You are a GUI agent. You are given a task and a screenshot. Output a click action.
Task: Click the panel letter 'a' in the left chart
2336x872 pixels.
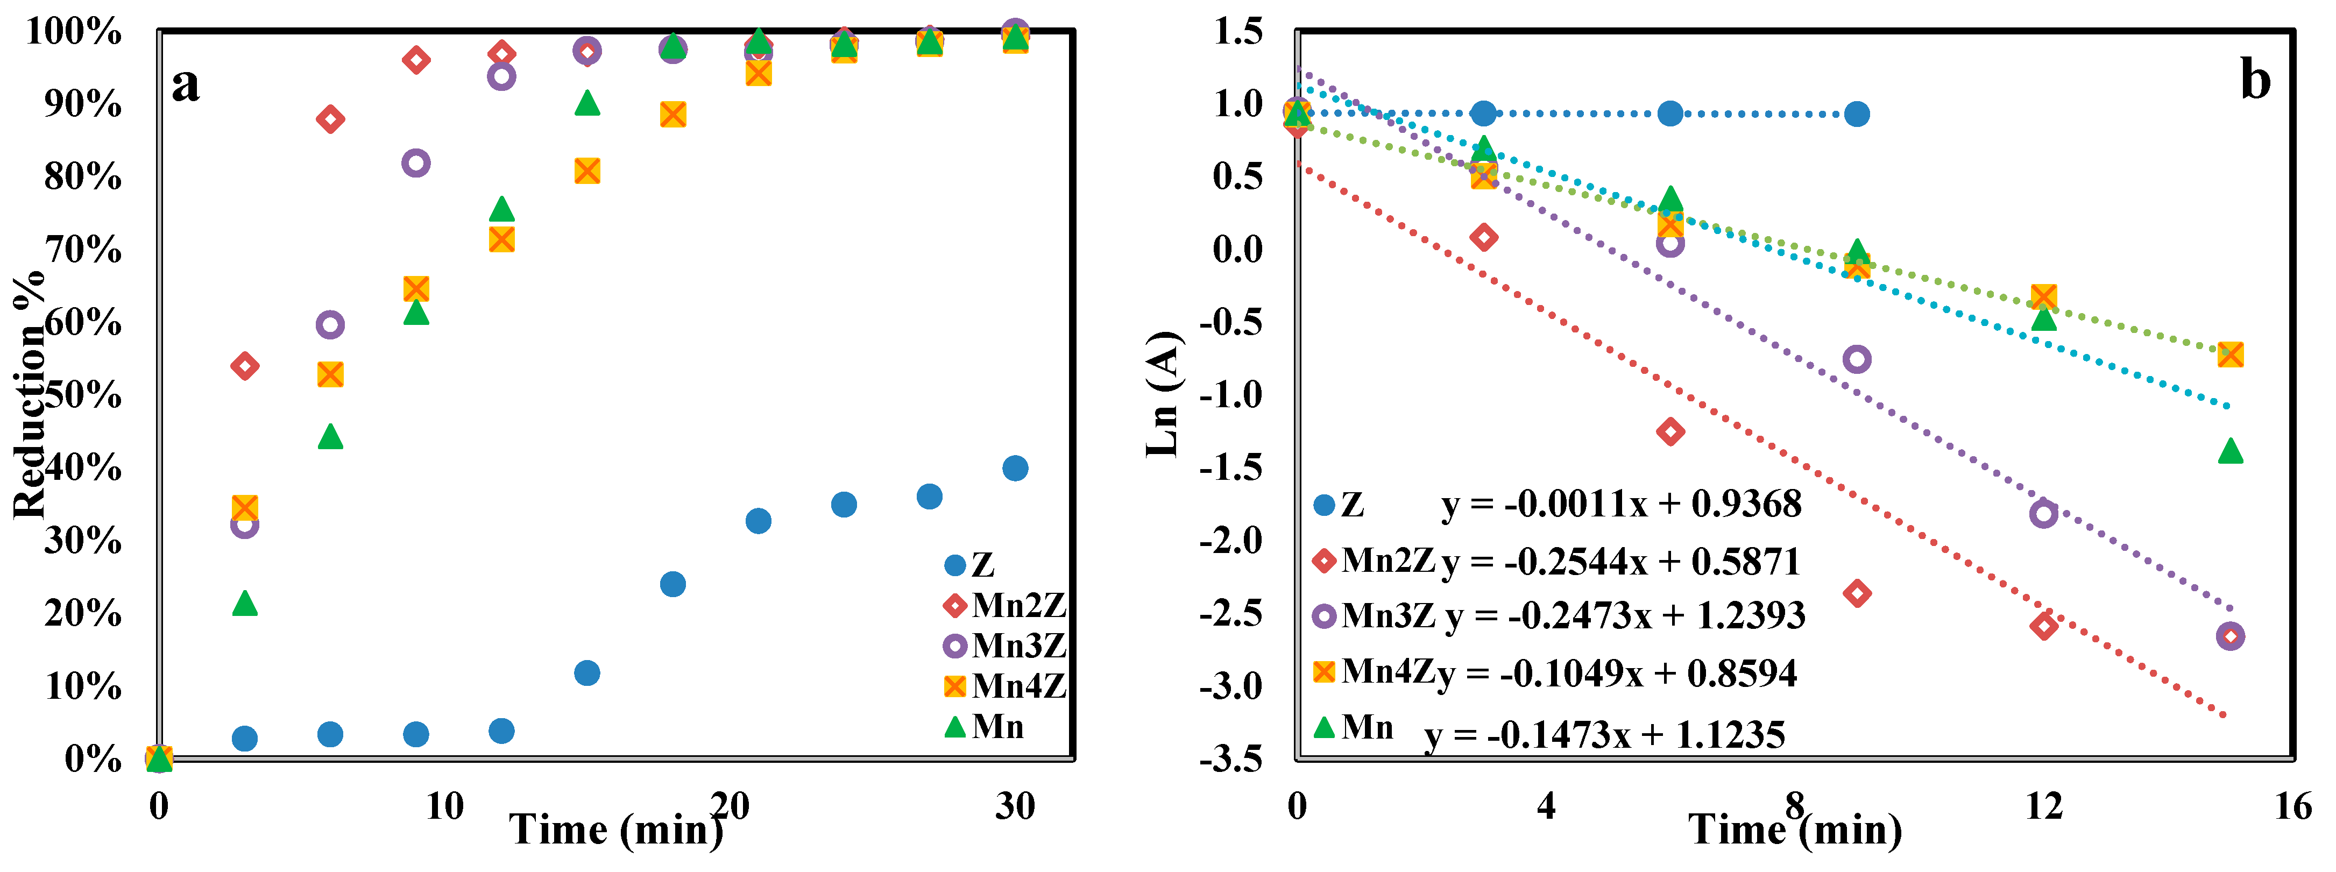point(186,85)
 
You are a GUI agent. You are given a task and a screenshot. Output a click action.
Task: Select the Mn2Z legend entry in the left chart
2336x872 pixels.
point(1005,606)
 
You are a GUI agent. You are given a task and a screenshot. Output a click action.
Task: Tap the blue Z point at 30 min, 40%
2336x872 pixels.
point(1015,469)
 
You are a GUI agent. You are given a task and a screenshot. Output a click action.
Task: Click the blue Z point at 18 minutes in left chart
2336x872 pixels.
point(672,584)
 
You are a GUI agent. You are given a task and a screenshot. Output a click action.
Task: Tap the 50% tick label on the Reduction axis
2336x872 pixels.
point(82,395)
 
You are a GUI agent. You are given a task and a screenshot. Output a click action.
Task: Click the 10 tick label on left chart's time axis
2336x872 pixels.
point(444,805)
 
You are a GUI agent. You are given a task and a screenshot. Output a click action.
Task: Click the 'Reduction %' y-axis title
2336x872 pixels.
point(30,394)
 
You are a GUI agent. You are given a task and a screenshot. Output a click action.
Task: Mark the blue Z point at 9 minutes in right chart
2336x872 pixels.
point(1856,114)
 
